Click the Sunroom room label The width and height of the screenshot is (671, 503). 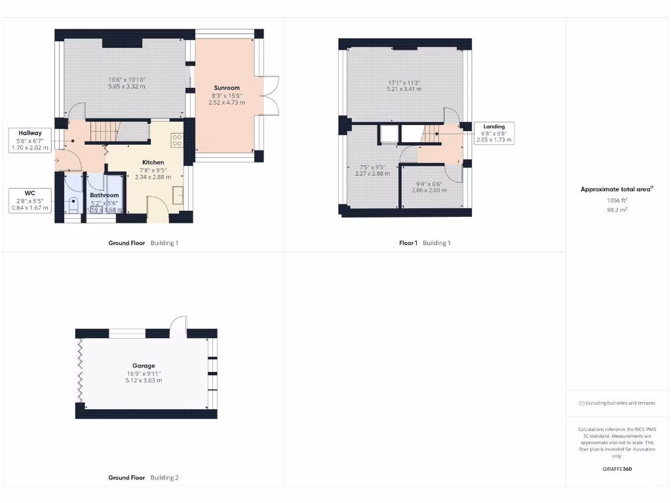pos(227,88)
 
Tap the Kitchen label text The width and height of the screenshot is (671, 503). pos(153,162)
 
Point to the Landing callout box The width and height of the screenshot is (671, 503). pos(494,133)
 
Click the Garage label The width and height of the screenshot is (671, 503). pos(144,366)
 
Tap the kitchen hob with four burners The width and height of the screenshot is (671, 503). pos(176,140)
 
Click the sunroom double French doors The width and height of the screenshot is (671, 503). pos(270,95)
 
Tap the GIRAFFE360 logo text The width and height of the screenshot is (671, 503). pos(617,469)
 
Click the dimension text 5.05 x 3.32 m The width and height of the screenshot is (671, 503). pos(126,86)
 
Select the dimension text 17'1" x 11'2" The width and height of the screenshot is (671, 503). pos(403,83)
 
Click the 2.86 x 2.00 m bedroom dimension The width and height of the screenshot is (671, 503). pos(429,190)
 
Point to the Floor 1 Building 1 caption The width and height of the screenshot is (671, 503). pos(425,243)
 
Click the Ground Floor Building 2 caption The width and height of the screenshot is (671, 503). pos(143,477)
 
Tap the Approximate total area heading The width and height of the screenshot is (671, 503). pos(616,189)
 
